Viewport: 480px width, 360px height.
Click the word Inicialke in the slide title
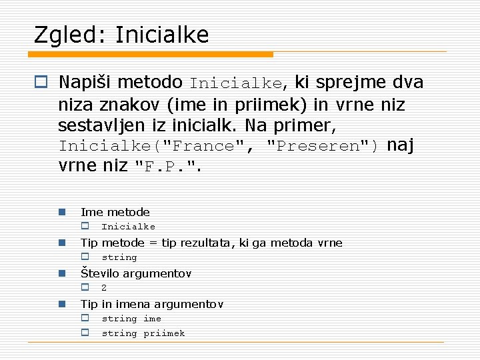[161, 35]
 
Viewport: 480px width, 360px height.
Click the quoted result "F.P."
[167, 167]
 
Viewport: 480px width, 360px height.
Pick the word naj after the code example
[401, 145]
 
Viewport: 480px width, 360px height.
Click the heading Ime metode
[115, 212]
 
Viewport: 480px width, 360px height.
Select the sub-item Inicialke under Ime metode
[128, 227]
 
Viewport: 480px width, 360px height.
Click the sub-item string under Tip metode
[119, 257]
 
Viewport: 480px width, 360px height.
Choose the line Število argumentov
[136, 273]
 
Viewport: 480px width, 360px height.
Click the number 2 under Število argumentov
[104, 288]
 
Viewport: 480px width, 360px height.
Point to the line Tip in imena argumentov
[151, 304]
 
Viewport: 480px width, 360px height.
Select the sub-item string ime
[131, 319]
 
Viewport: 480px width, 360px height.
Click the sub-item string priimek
[143, 333]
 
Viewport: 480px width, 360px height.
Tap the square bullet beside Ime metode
[61, 212]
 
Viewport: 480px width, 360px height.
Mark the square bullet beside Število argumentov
[61, 273]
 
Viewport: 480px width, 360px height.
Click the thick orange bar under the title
[153, 54]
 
